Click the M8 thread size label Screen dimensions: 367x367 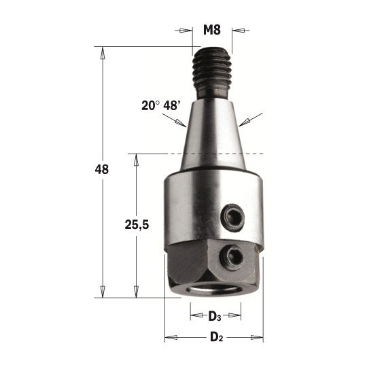click(212, 30)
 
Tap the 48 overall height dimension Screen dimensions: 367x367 click(102, 169)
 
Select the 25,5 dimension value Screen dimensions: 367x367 click(137, 225)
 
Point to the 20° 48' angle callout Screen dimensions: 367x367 click(160, 105)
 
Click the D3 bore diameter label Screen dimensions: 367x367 click(215, 317)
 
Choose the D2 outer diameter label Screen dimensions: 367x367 click(217, 337)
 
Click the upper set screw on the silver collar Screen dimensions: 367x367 click(233, 217)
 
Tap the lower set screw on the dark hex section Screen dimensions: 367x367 click(232, 258)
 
